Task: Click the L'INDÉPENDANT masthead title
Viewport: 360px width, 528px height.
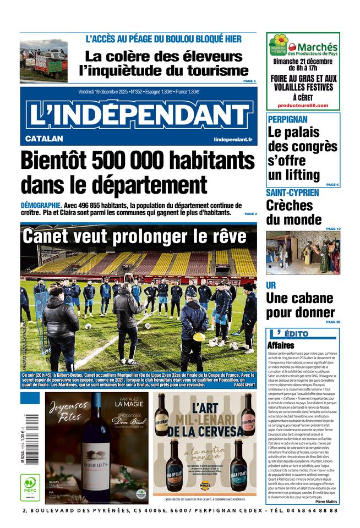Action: click(139, 114)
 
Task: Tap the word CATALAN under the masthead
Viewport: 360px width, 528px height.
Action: click(44, 139)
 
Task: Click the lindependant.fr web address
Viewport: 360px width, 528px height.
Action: click(233, 140)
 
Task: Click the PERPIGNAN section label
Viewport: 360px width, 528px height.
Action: click(287, 119)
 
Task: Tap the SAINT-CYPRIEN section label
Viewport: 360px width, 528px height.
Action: click(292, 193)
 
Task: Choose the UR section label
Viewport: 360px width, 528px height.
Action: click(271, 285)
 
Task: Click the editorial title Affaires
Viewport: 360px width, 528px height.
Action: click(281, 345)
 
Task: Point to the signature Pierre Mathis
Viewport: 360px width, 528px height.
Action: click(327, 502)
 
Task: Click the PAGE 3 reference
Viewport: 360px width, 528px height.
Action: click(249, 81)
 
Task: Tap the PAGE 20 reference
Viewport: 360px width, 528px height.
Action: click(333, 322)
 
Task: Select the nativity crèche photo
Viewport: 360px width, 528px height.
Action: click(303, 252)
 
